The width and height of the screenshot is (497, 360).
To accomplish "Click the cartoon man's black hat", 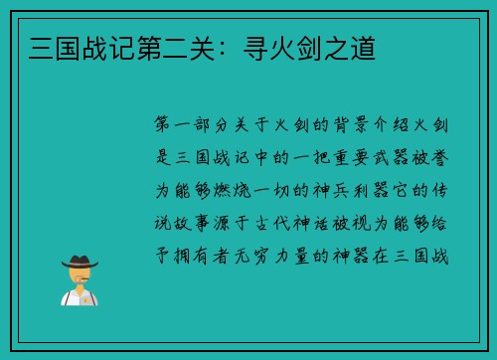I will (x=80, y=262).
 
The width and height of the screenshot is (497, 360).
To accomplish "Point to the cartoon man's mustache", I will (x=80, y=280).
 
